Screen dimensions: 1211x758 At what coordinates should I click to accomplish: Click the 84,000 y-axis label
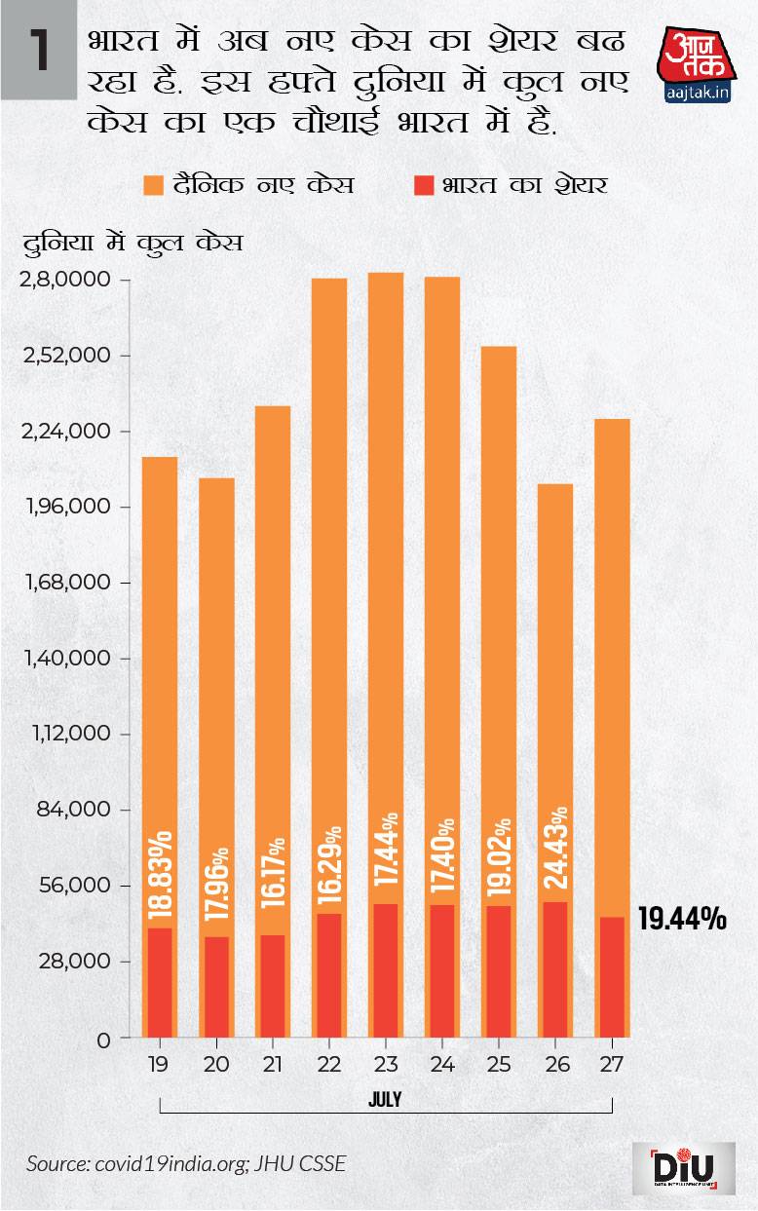pyautogui.click(x=70, y=811)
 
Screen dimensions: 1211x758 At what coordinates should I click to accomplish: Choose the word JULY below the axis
pyautogui.click(x=385, y=1099)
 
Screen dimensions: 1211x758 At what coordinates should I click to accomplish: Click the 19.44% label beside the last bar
pyautogui.click(x=682, y=918)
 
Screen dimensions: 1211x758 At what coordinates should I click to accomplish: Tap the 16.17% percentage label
pyautogui.click(x=273, y=873)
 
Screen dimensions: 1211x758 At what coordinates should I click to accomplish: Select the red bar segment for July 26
pyautogui.click(x=555, y=969)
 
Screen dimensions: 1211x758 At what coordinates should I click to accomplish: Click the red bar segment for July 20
pyautogui.click(x=216, y=987)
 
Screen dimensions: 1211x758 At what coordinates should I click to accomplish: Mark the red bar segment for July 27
pyautogui.click(x=612, y=977)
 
